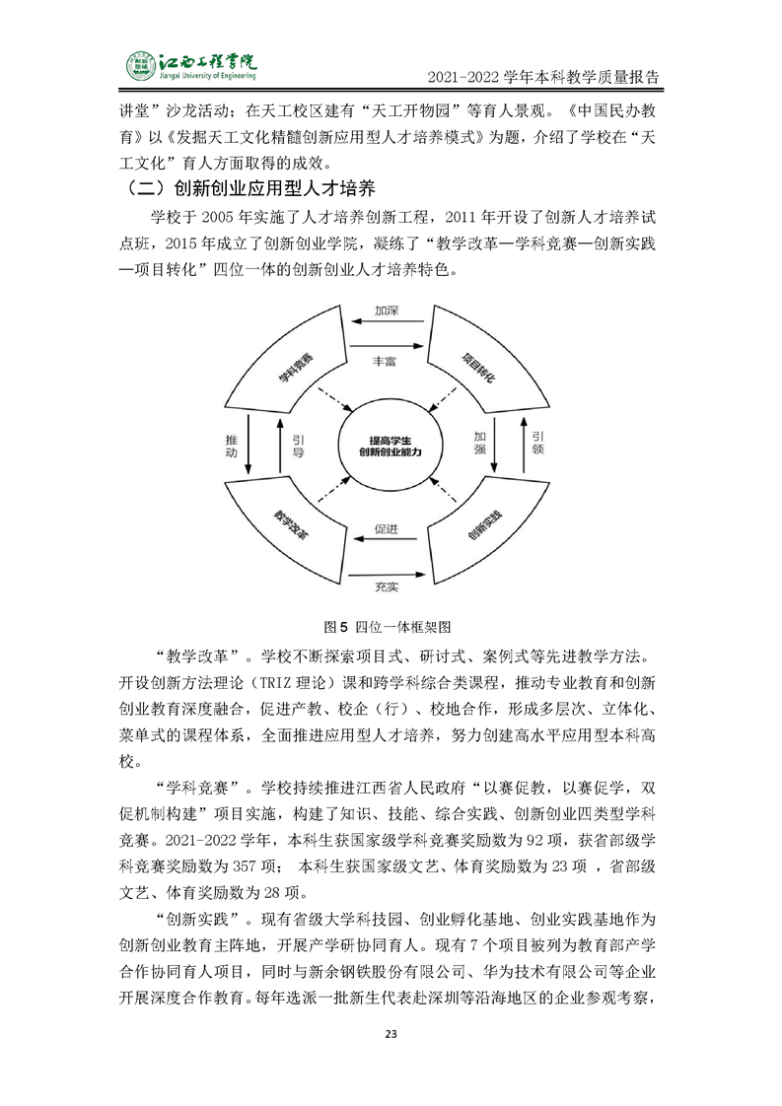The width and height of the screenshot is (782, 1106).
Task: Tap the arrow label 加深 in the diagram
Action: tap(387, 311)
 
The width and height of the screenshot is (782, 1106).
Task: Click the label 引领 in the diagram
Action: tap(536, 444)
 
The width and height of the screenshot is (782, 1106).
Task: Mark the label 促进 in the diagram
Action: tap(387, 529)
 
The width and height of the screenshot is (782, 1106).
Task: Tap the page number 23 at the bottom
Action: tap(391, 1033)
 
